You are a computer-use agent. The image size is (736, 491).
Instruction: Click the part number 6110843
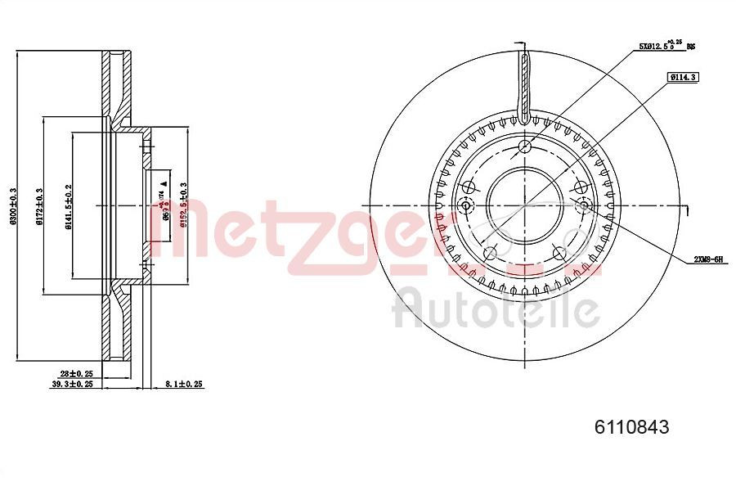tap(631, 426)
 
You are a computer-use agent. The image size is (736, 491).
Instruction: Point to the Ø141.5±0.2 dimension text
tap(69, 209)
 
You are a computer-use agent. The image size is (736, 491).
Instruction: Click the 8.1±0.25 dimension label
tap(183, 383)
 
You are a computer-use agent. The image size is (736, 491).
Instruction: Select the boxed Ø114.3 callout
tap(681, 77)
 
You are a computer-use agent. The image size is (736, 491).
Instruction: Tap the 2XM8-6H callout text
tap(708, 259)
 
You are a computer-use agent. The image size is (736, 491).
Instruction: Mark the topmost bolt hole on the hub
tap(525, 147)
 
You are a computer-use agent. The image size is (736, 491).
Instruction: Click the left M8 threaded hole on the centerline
tap(467, 205)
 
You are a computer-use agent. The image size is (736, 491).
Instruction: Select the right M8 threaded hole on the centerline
tap(584, 205)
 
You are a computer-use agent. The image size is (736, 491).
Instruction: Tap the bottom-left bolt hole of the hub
tap(489, 253)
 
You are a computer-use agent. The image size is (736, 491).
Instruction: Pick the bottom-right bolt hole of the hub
tap(561, 253)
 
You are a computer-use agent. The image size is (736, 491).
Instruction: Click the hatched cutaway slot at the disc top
tap(524, 82)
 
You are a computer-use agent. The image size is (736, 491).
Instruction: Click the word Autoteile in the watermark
tap(496, 310)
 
